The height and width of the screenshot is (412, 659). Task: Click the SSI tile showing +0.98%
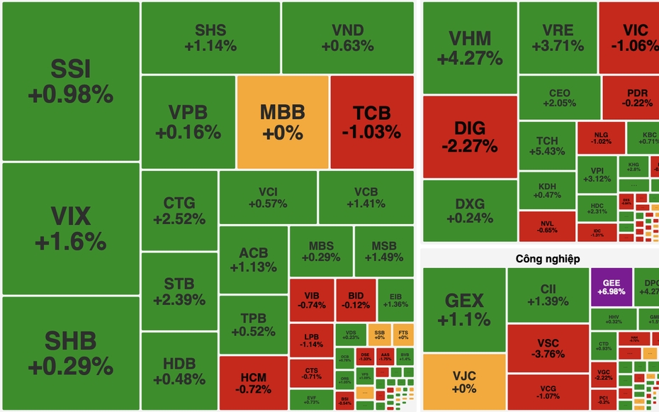click(x=70, y=81)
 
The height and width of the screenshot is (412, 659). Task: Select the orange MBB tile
click(x=282, y=122)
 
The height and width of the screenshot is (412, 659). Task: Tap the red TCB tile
click(x=371, y=122)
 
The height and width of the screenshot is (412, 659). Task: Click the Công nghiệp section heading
click(x=548, y=259)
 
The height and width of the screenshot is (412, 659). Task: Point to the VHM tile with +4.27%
click(x=469, y=48)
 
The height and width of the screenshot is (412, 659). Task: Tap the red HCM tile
click(x=254, y=383)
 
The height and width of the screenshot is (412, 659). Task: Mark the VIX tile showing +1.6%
click(x=70, y=228)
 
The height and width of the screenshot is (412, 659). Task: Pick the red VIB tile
click(x=311, y=300)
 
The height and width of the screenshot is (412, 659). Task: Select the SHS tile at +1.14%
click(x=210, y=38)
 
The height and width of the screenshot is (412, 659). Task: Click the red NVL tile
click(x=547, y=226)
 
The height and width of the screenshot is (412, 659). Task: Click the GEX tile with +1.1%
click(x=464, y=309)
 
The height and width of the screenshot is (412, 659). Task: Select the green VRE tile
click(x=558, y=38)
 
